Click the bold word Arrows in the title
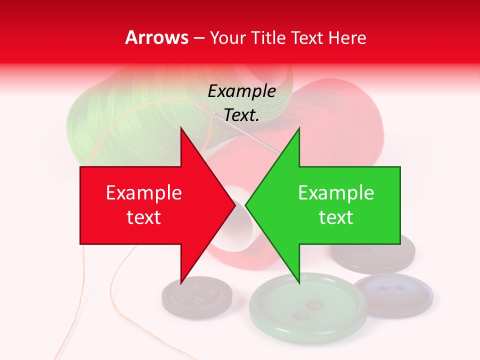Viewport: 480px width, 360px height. pos(157,37)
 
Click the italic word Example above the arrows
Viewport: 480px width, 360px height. pos(241,91)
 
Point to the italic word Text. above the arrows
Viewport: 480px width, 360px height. pos(241,115)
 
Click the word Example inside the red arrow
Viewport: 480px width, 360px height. pos(143,193)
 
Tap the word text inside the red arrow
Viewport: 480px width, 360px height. pos(143,217)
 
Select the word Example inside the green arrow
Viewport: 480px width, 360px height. pos(336,193)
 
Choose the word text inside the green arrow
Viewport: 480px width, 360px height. pos(336,217)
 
